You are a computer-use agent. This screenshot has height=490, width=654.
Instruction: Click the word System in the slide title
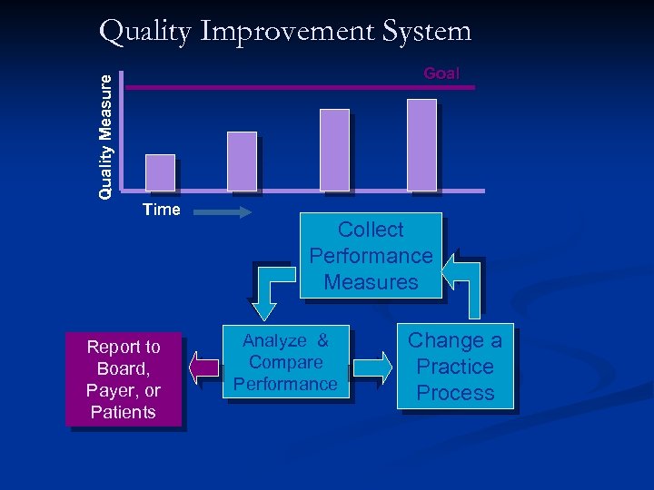427,32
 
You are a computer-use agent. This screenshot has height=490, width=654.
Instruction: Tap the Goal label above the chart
441,73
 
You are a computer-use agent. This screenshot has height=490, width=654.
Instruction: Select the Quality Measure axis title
106,136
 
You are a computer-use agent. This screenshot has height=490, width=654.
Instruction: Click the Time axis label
162,211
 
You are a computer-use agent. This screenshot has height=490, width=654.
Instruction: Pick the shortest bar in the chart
160,172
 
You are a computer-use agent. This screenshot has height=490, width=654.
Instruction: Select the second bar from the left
242,162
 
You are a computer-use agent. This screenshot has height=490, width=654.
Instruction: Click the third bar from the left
334,150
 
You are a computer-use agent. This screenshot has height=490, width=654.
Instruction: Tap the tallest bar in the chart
421,145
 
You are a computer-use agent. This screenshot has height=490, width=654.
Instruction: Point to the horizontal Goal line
272,88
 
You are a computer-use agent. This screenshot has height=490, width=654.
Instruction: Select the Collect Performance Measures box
371,256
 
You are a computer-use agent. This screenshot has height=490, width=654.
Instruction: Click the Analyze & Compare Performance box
285,362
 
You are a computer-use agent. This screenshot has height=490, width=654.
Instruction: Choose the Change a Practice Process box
454,367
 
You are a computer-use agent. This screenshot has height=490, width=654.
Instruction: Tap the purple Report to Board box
124,379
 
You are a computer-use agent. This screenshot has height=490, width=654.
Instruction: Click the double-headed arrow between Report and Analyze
204,367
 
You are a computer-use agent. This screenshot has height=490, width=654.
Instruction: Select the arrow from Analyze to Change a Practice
373,367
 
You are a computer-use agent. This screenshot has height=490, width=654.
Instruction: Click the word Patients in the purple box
124,413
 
